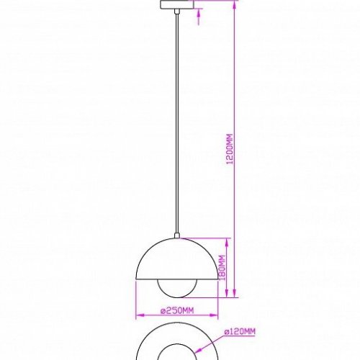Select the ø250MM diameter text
(x=177, y=310)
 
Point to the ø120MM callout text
(x=240, y=332)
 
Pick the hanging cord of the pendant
(x=177, y=122)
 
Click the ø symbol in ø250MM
(x=162, y=310)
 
